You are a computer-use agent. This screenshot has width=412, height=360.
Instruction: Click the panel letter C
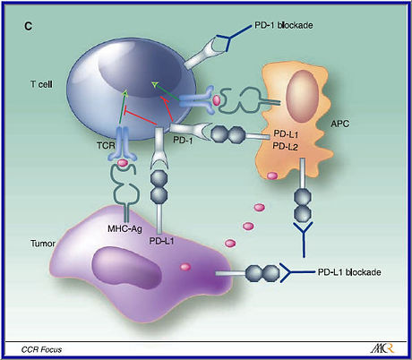pos(28,27)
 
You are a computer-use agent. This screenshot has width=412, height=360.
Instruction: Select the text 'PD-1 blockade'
pos(284,25)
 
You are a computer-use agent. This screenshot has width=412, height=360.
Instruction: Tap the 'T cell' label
pos(41,84)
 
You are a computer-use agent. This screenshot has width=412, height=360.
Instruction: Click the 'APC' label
pos(340,124)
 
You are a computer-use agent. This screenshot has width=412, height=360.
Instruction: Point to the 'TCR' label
pos(106,145)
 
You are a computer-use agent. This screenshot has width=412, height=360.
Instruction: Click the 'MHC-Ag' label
pos(124,229)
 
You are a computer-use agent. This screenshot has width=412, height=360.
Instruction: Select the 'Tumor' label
pos(43,244)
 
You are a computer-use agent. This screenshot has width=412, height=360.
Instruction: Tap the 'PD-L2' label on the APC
pos(286,146)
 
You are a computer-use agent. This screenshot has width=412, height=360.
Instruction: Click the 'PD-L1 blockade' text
pos(349,272)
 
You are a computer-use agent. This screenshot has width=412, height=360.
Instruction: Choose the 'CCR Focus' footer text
pos(41,349)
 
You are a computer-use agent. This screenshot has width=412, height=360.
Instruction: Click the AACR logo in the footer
pos(382,348)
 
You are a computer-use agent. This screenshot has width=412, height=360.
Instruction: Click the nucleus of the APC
pos(302,96)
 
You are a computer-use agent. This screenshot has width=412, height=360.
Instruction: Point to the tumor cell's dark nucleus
pos(127,269)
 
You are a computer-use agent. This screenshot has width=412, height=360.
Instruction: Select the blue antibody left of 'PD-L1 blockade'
pos(296,272)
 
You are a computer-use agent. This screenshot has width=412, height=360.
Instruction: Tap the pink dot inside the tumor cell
pos(185,267)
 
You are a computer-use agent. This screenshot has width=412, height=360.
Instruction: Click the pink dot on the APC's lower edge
pos(272,176)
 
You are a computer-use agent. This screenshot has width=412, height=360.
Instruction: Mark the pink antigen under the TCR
pos(122,163)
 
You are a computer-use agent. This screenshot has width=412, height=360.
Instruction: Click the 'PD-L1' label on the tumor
pos(161,241)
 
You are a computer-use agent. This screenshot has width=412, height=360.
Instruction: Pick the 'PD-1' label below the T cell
pos(183,140)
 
